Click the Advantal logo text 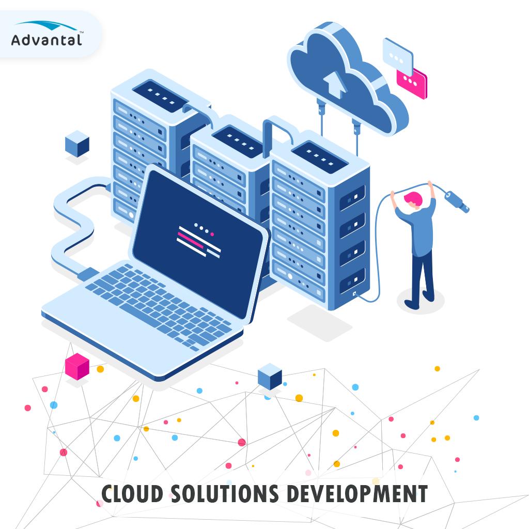(x=46, y=40)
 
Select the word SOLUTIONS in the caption (x=223, y=494)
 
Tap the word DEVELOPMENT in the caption (x=356, y=494)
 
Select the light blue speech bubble (x=397, y=56)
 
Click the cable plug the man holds (x=457, y=202)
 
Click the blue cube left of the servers (x=77, y=143)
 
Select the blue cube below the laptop (x=270, y=377)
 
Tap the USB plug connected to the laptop (x=88, y=274)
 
